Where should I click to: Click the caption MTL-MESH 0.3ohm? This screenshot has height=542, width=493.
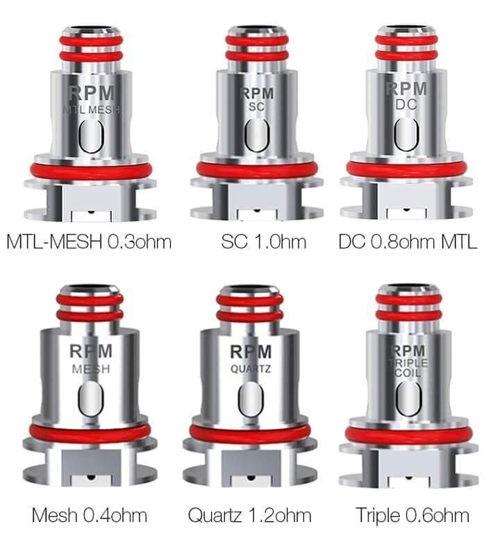[x=88, y=242]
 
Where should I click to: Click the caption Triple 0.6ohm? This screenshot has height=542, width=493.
[x=412, y=516]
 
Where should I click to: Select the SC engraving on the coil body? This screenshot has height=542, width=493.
[x=257, y=108]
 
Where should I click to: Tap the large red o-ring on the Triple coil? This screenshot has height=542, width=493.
[x=408, y=434]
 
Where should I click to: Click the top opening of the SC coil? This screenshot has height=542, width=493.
[x=257, y=30]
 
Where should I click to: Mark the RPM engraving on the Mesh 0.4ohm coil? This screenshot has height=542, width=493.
[x=91, y=352]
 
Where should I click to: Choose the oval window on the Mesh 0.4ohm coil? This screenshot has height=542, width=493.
[x=91, y=400]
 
